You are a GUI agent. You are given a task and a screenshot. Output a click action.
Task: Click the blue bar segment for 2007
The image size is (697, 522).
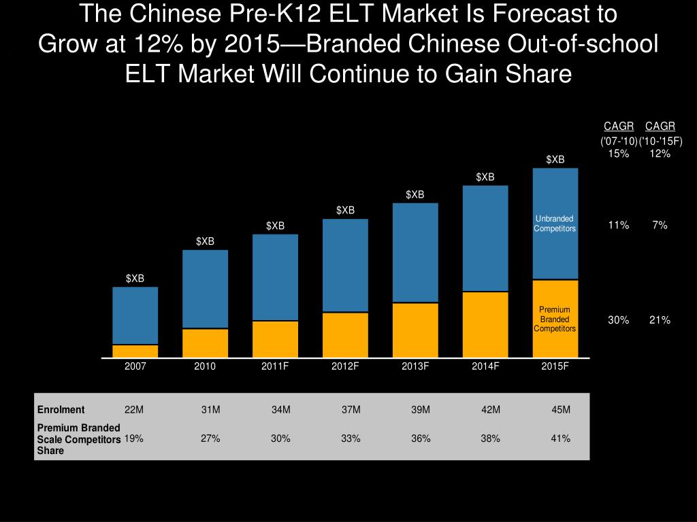click(135, 315)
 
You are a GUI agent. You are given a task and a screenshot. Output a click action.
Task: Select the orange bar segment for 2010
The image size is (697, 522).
click(205, 343)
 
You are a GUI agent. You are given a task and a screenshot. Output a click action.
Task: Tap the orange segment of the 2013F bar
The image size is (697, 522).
click(415, 330)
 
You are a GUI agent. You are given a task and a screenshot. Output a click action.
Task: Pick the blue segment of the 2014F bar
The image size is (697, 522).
click(485, 238)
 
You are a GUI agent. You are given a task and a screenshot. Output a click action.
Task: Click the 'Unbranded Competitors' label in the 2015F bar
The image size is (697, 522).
click(555, 224)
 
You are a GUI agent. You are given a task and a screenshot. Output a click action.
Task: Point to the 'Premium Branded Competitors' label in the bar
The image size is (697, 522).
click(555, 319)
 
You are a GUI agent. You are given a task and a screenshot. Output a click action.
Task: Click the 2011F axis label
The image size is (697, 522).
click(275, 366)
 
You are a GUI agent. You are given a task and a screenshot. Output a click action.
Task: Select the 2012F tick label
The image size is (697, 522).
click(345, 366)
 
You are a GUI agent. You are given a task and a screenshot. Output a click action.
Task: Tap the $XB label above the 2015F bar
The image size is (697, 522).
click(555, 160)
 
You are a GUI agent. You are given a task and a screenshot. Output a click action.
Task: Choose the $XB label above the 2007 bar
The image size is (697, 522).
click(135, 279)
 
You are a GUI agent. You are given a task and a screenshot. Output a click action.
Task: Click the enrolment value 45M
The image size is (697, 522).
click(561, 409)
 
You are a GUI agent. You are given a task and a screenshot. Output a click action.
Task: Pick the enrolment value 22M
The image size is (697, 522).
click(134, 409)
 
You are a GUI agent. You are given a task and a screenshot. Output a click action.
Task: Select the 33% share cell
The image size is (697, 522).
click(351, 438)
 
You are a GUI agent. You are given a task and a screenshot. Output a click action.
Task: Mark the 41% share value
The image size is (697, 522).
click(561, 438)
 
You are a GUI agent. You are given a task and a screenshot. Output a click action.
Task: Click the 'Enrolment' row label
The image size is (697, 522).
click(61, 409)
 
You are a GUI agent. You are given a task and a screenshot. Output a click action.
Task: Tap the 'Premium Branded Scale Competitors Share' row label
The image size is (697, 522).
click(78, 438)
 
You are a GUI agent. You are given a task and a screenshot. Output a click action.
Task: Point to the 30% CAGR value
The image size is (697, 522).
click(619, 320)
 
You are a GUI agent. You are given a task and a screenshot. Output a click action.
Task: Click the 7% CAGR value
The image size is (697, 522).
click(660, 226)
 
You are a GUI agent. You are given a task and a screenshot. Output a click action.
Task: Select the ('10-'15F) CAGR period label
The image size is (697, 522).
click(660, 141)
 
